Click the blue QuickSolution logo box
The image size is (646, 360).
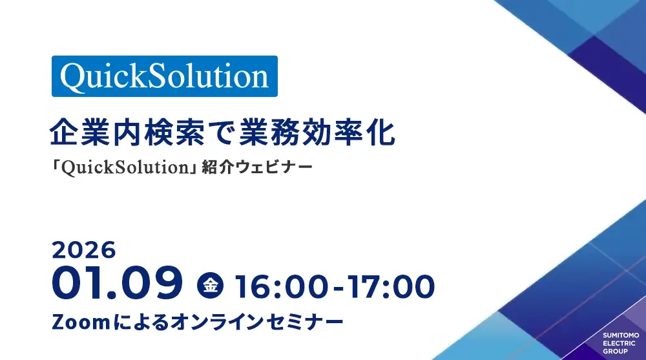pos(164,76)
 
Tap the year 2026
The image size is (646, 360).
pos(84,250)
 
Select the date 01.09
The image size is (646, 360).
pos(117,283)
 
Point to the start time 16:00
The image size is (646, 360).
pos(282,287)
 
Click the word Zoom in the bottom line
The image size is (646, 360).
pos(81,322)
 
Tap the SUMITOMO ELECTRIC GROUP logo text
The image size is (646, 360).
pos(621,343)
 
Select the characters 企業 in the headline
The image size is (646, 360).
pos(81,132)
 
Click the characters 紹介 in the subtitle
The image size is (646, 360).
pos(218,167)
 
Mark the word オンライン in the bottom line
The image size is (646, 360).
pos(217,322)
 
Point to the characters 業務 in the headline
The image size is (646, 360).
pos(270,132)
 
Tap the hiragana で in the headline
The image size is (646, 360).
pos(223,132)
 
